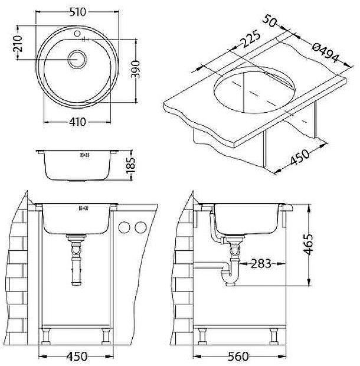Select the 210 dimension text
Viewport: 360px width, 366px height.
18,45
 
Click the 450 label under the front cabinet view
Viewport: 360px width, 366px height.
76,357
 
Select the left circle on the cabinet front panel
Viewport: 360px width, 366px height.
124,227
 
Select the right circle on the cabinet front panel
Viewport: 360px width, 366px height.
140,227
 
